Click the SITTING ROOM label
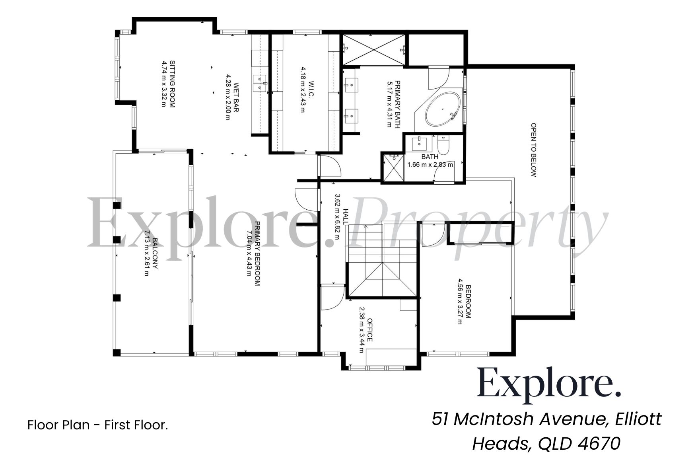[172, 84]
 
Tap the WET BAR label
[236, 97]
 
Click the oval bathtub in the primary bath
[442, 109]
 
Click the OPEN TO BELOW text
[534, 150]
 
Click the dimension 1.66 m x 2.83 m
[430, 164]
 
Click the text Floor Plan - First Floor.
[98, 425]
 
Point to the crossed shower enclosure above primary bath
[373, 50]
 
